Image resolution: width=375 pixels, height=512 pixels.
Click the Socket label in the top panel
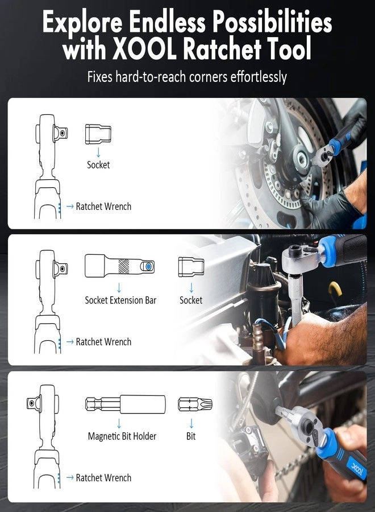pos(98,165)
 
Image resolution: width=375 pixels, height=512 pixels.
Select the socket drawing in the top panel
pos(98,134)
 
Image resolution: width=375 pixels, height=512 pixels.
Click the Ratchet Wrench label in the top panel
pos(103,207)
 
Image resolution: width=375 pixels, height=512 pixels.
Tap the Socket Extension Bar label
pos(120,300)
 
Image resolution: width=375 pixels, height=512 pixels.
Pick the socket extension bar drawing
pos(120,266)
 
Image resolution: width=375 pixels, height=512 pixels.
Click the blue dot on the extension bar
pos(148,266)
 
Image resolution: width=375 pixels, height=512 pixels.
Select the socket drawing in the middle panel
pos(191,266)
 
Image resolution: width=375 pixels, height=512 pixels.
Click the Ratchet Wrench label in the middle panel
pos(103,342)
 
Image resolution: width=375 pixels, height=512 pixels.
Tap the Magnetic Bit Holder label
pos(122,436)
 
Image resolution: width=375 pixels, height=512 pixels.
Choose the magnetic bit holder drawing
pos(125,404)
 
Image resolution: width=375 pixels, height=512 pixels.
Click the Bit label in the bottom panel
pos(191,436)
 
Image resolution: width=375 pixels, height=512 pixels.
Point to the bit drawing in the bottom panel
pos(194,404)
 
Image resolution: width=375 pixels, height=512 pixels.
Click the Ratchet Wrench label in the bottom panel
pos(103,478)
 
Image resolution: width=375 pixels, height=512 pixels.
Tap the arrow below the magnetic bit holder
pos(119,423)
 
